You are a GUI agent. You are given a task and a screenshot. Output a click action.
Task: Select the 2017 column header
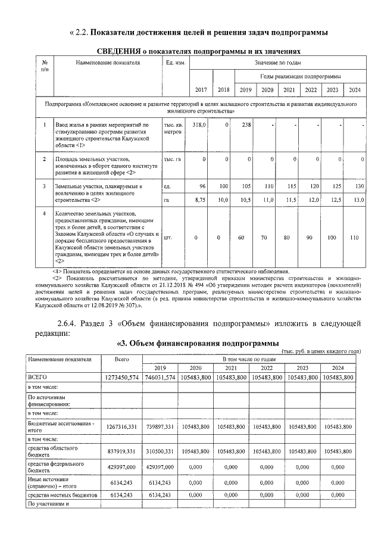tap(201, 90)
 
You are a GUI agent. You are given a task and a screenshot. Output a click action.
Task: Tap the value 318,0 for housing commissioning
tap(199, 124)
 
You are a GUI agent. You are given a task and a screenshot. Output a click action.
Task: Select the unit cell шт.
tap(168, 238)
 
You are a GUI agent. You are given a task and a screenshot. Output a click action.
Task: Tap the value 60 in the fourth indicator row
tap(241, 238)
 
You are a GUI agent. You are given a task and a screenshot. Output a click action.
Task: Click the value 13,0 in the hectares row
tap(357, 201)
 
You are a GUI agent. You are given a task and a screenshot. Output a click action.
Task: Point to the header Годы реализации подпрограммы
tap(300, 77)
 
